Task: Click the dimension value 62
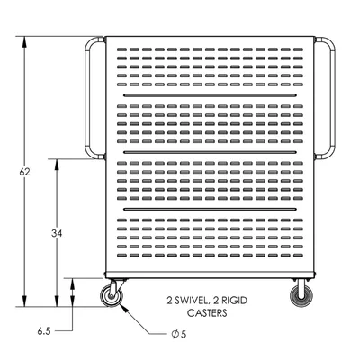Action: [24, 172]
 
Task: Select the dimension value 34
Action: [57, 233]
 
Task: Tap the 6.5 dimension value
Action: [44, 331]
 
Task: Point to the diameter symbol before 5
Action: [175, 334]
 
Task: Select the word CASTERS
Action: [207, 313]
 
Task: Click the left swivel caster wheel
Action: [112, 296]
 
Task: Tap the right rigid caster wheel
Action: [301, 296]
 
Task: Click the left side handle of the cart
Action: [87, 97]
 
